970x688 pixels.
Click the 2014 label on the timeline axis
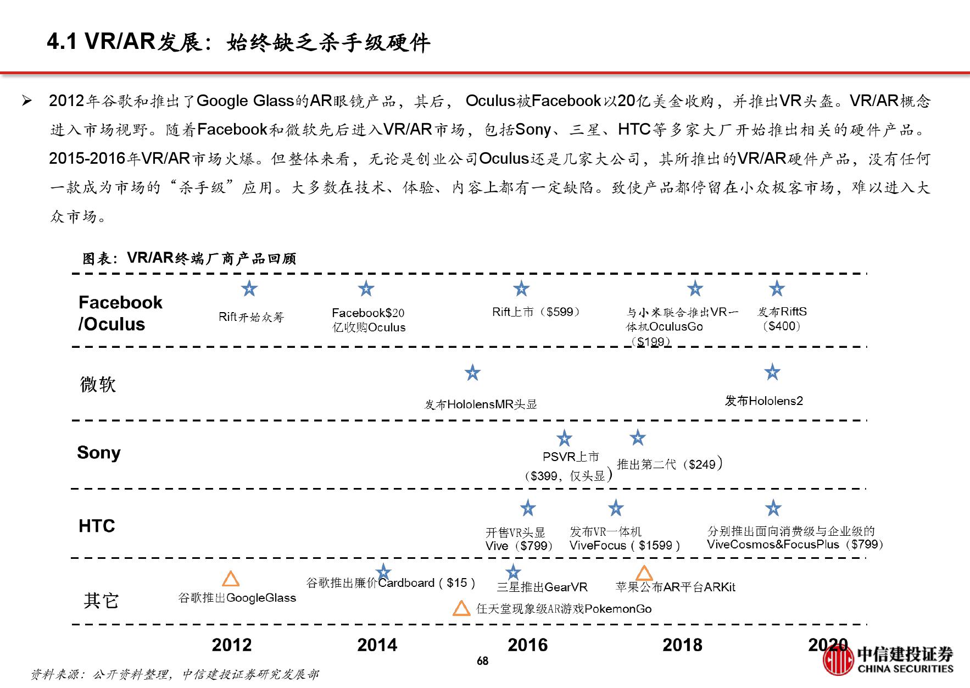click(x=377, y=645)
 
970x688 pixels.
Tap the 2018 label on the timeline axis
click(x=682, y=645)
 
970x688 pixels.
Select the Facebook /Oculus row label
click(x=120, y=313)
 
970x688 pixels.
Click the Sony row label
click(x=99, y=453)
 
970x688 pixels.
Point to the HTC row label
click(x=97, y=526)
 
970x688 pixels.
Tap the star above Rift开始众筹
click(x=249, y=288)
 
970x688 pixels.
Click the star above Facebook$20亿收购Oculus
click(x=366, y=288)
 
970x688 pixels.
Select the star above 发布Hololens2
click(x=772, y=372)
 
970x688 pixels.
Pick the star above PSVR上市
click(x=564, y=438)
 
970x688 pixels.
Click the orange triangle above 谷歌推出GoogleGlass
click(x=231, y=579)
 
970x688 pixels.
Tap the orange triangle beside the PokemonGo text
click(x=461, y=608)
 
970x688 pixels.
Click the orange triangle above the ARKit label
click(x=644, y=573)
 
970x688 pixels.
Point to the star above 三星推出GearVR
click(x=513, y=572)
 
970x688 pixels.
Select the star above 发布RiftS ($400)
click(x=777, y=288)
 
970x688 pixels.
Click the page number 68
click(x=482, y=661)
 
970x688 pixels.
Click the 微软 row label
click(x=98, y=384)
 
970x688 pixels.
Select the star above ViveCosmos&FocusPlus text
click(x=773, y=508)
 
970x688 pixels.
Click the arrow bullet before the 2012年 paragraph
click(x=26, y=101)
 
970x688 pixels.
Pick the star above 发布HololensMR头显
click(x=472, y=373)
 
